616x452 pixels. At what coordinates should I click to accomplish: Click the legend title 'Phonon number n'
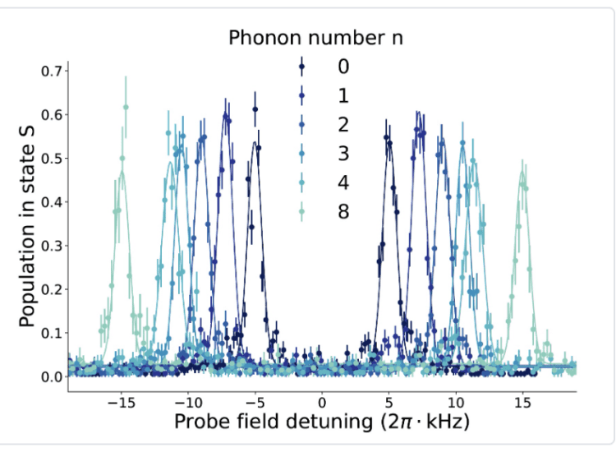pos(315,38)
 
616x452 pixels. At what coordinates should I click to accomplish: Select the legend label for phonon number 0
pos(343,67)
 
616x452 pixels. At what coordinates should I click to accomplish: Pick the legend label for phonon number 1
pos(343,96)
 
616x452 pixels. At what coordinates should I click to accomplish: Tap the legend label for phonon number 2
pos(343,125)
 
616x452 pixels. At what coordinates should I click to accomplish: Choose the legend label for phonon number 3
pos(343,154)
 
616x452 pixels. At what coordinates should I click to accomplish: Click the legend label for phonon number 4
pos(343,182)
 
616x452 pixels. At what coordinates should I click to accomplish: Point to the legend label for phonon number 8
pos(343,211)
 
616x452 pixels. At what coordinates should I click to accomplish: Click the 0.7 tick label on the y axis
pos(52,71)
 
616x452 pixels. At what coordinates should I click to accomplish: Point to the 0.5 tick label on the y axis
pos(52,159)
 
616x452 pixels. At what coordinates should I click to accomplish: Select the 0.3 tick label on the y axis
pos(52,246)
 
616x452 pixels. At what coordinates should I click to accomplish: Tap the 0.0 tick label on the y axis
pos(52,376)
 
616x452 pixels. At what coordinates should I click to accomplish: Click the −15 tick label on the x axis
pos(122,403)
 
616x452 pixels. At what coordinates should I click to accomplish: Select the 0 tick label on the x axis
pos(322,403)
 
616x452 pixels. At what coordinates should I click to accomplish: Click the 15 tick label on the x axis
pos(522,403)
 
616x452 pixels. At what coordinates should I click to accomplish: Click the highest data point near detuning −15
pos(126,107)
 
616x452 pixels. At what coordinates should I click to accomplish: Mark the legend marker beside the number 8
pos(302,211)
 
